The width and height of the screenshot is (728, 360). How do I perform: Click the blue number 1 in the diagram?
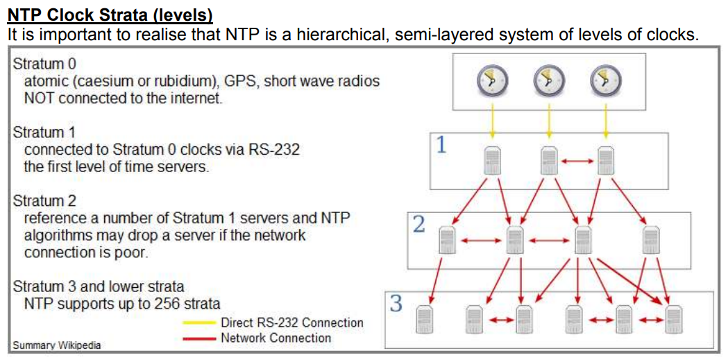[x=441, y=145]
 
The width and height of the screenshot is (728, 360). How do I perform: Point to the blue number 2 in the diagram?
[x=419, y=225]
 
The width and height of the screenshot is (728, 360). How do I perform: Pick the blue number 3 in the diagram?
[x=396, y=304]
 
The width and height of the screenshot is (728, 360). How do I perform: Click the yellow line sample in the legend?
[x=200, y=323]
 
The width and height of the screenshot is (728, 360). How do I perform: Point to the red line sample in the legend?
[x=200, y=338]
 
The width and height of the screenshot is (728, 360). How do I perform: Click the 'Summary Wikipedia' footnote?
[x=56, y=345]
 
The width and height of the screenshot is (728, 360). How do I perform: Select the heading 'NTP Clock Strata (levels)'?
[x=110, y=15]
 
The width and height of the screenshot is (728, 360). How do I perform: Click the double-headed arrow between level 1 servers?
[x=577, y=162]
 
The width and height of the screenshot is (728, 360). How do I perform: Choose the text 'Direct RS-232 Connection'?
[x=291, y=323]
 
